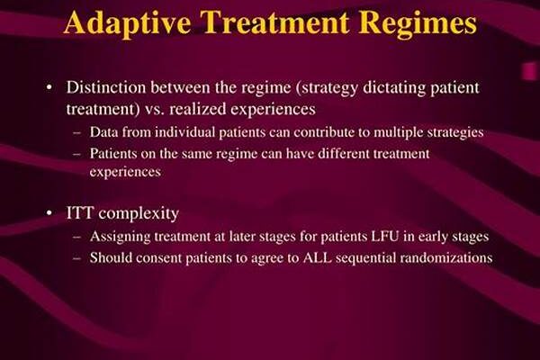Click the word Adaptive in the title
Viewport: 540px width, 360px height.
(x=128, y=23)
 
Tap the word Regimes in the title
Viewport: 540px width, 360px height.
(x=418, y=23)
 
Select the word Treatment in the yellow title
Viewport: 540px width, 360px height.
(x=274, y=22)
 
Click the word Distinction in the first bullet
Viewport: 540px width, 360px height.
(x=106, y=87)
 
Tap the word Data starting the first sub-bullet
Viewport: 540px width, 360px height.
(x=104, y=132)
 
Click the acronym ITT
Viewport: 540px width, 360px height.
(x=79, y=213)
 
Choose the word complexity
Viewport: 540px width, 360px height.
(x=139, y=214)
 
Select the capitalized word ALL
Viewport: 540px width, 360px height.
(x=317, y=257)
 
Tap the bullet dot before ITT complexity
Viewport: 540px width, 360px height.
(x=49, y=213)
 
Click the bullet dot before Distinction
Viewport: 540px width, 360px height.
(x=49, y=87)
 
